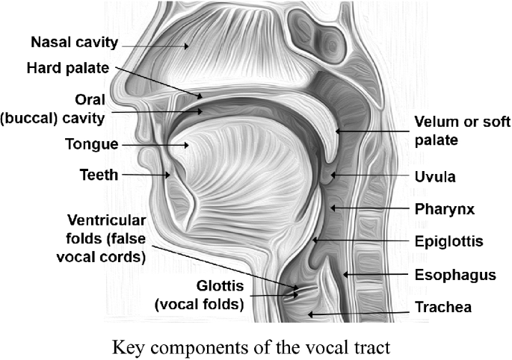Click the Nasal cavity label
pyautogui.click(x=74, y=41)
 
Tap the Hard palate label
pyautogui.click(x=68, y=68)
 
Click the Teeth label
pyautogui.click(x=99, y=175)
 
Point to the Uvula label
pyautogui.click(x=436, y=177)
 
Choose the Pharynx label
pyautogui.click(x=445, y=208)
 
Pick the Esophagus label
pyautogui.click(x=455, y=275)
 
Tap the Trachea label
pyautogui.click(x=445, y=307)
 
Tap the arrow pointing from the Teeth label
pyautogui.click(x=145, y=175)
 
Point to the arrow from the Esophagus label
pyautogui.click(x=374, y=275)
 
